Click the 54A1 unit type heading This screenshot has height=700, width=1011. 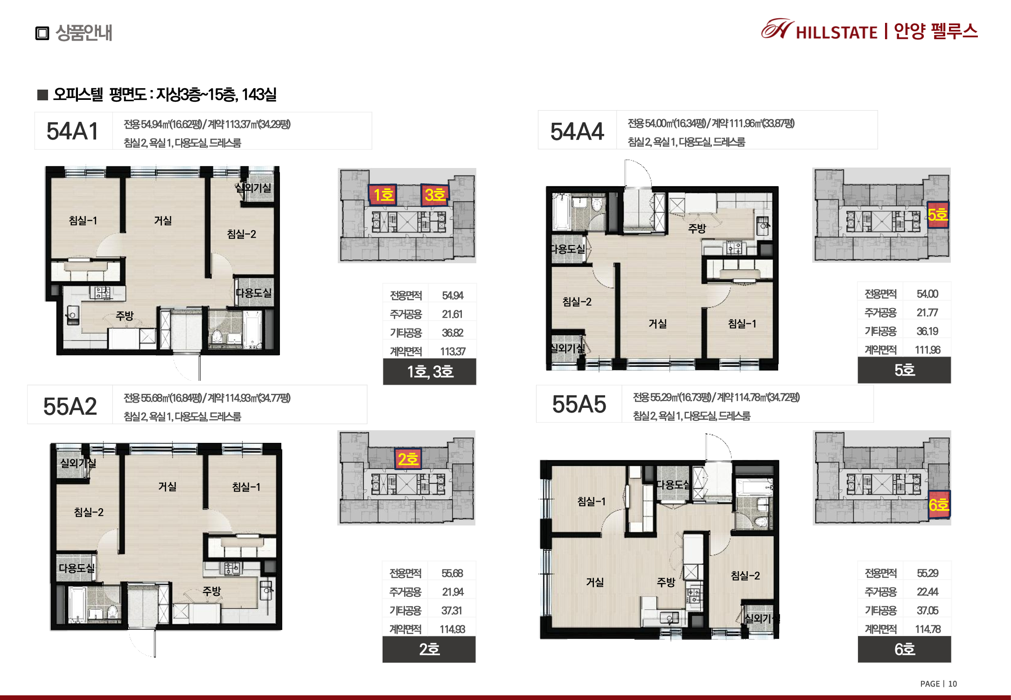(x=72, y=131)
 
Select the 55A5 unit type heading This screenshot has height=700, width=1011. (x=579, y=404)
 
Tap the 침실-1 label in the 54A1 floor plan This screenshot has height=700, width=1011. (x=83, y=220)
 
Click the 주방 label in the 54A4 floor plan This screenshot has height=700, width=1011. (x=697, y=228)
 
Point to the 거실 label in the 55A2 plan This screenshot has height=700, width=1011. (x=167, y=487)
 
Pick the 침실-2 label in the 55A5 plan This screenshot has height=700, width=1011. (x=745, y=576)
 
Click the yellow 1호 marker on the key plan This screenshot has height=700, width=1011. (x=383, y=195)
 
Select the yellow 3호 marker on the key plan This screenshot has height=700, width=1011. (x=435, y=195)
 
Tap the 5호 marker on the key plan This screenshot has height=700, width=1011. (x=937, y=215)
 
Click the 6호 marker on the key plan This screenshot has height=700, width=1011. (x=939, y=505)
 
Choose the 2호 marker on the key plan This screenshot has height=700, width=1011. (x=408, y=459)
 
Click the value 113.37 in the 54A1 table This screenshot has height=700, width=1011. (x=453, y=351)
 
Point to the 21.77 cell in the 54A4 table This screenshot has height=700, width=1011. (x=927, y=313)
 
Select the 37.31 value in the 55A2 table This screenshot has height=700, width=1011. (x=452, y=610)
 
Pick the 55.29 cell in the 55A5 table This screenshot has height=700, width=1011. (x=927, y=573)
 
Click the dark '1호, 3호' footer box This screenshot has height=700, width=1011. (x=430, y=371)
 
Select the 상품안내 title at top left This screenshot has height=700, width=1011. (x=84, y=33)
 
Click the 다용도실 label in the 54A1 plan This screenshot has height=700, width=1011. (x=253, y=293)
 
